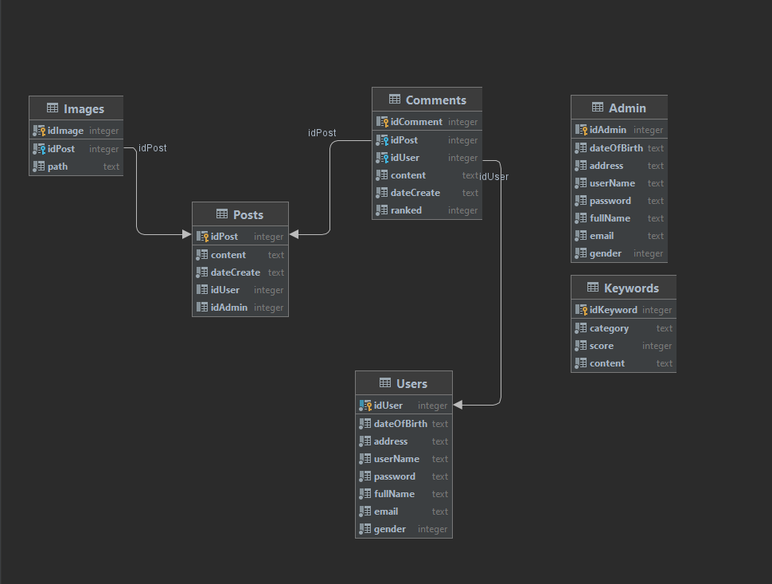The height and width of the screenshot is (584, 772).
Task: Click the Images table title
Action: (x=84, y=109)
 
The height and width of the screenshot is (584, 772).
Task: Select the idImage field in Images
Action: (x=65, y=131)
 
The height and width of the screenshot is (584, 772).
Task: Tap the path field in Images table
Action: (x=57, y=167)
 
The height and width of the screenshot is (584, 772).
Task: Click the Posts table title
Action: (x=248, y=215)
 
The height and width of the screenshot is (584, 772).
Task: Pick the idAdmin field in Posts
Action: (x=229, y=308)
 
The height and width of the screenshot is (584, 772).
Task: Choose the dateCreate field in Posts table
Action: (x=235, y=272)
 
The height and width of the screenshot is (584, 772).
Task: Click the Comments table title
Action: (x=435, y=100)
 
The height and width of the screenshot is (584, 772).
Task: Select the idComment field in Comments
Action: (x=416, y=122)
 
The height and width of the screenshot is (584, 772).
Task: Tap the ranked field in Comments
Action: (x=406, y=210)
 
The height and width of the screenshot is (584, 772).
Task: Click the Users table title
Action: (x=411, y=384)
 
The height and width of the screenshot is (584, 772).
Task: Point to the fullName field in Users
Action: (x=394, y=494)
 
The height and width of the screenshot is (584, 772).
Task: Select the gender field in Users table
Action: (x=390, y=529)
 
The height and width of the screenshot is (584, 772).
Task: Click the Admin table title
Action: (x=627, y=108)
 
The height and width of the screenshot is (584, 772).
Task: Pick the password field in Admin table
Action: (x=610, y=201)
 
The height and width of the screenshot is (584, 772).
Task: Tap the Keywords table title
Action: (x=631, y=288)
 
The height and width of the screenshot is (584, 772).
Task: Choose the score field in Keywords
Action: (x=602, y=346)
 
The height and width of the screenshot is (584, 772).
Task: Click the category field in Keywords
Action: (x=609, y=328)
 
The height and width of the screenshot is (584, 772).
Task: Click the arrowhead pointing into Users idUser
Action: (x=458, y=406)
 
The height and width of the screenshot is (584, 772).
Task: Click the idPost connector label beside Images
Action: (x=152, y=148)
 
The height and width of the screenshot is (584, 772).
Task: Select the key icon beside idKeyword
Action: (x=580, y=310)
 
